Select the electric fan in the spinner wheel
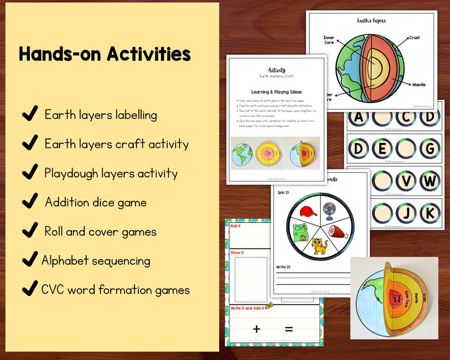tap(330, 209)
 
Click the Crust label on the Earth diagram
tap(414, 38)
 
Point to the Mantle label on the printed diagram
tap(419, 84)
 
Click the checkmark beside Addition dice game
tap(28, 202)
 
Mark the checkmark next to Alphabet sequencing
tap(28, 261)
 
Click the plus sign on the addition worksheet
tap(257, 329)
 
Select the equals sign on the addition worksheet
tap(289, 329)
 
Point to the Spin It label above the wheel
tap(283, 193)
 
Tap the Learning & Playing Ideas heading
tap(277, 91)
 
